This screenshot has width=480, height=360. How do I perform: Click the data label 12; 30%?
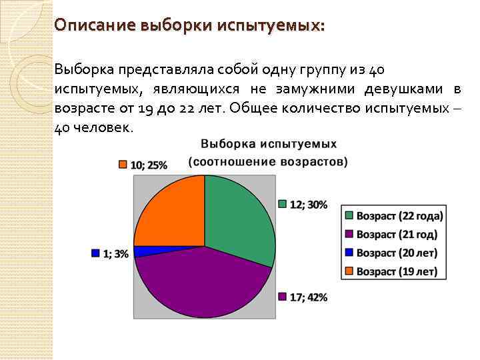click(308, 205)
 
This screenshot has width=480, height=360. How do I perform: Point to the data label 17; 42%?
click(308, 297)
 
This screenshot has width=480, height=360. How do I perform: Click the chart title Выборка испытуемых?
click(269, 144)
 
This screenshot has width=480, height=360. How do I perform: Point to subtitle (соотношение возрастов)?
click(268, 161)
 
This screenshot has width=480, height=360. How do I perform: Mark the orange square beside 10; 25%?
click(123, 165)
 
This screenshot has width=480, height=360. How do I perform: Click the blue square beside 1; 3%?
click(95, 253)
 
